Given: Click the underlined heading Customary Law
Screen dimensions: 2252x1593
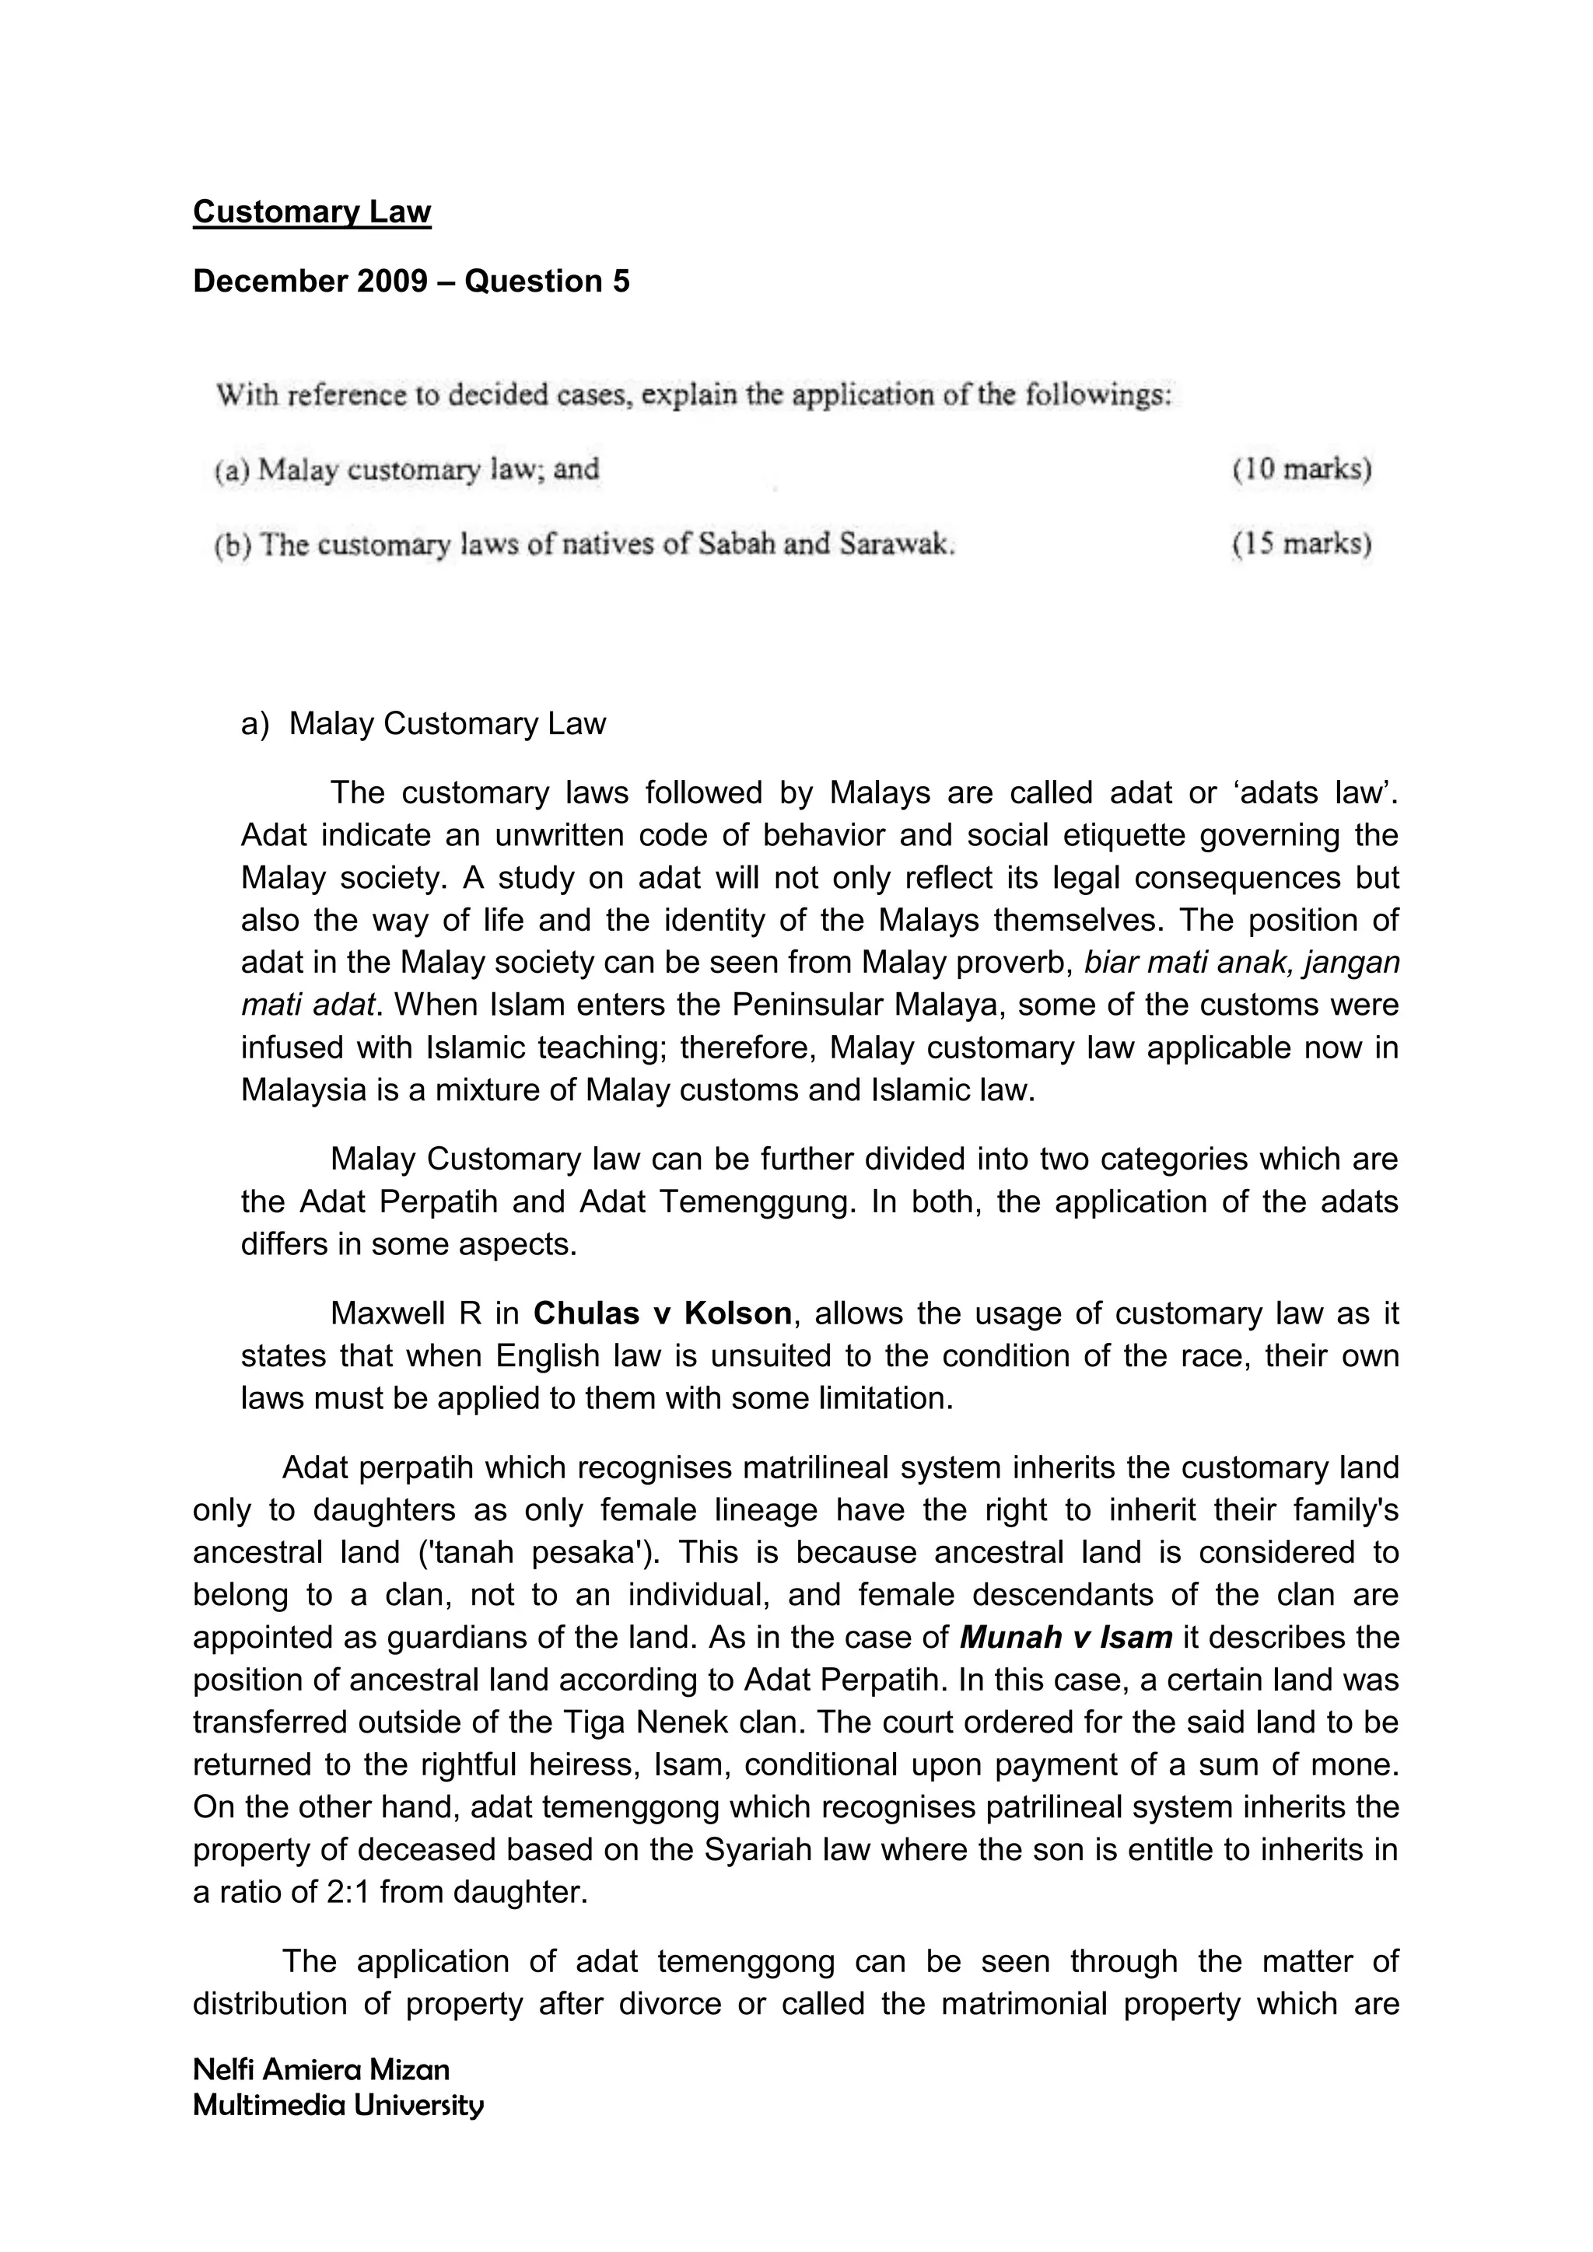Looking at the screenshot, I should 312,212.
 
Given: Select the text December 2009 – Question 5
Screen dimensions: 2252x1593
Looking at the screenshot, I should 411,281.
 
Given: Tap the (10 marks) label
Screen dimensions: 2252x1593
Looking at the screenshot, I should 1301,470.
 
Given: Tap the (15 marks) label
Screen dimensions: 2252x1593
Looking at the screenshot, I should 1301,544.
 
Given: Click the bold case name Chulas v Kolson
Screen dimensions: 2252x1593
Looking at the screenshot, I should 662,1313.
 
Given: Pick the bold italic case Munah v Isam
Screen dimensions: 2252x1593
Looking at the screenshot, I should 1066,1637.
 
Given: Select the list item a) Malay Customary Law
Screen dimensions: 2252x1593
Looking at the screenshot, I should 423,724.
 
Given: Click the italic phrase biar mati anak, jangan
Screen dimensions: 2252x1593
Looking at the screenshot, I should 1241,962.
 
